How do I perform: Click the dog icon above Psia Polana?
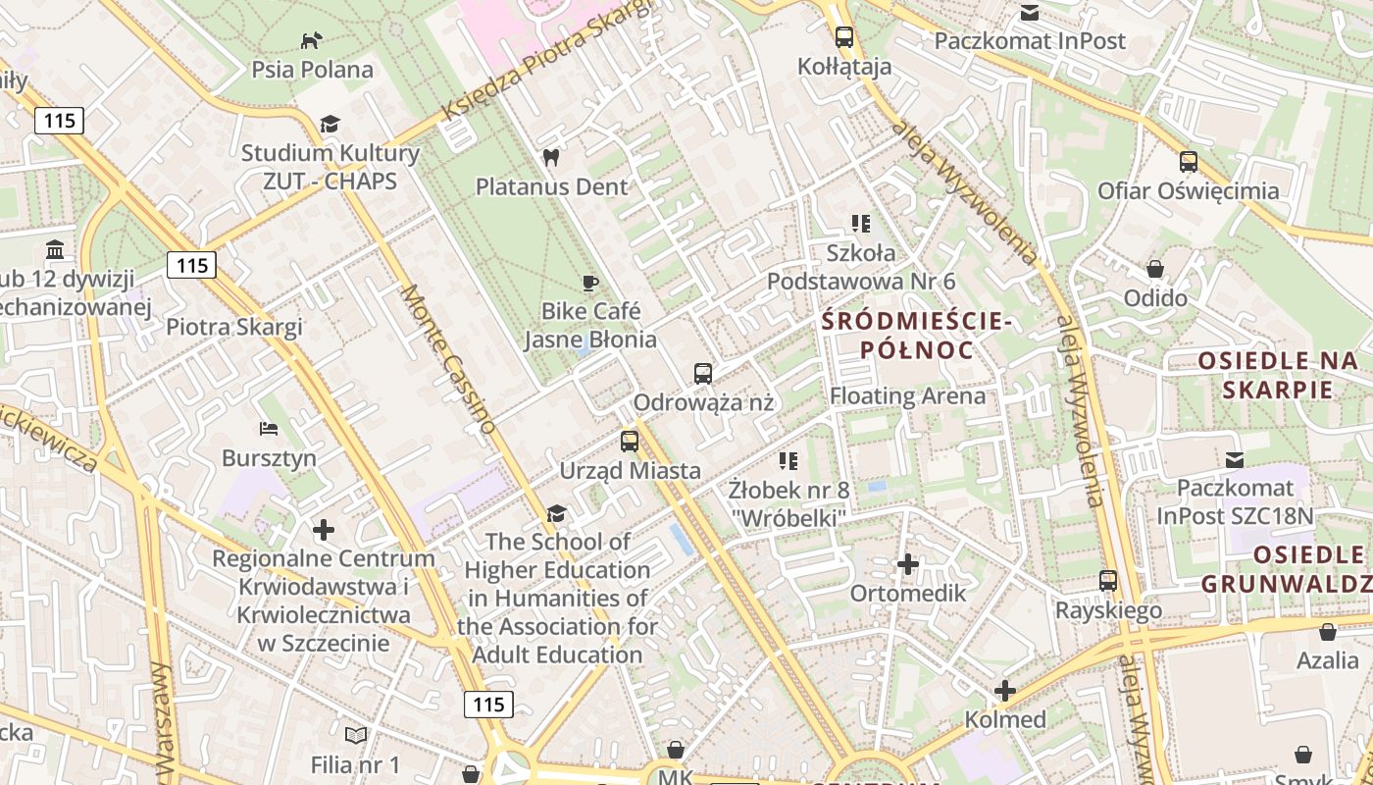click(311, 40)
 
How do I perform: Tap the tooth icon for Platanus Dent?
click(551, 157)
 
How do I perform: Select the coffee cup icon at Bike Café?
click(589, 283)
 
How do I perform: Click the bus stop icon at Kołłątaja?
click(843, 37)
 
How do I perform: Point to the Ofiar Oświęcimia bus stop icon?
click(1188, 162)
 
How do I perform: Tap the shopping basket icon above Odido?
click(1155, 269)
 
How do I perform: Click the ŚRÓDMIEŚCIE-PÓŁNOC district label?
click(916, 335)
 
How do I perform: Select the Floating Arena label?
click(907, 396)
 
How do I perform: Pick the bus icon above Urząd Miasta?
click(630, 442)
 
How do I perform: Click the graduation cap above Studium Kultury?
click(330, 124)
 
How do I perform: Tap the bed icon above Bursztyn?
click(269, 429)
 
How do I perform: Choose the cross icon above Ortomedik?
click(907, 564)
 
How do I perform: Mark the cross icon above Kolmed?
click(1004, 691)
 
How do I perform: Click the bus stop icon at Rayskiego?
click(1108, 581)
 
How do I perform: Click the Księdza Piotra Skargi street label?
click(546, 61)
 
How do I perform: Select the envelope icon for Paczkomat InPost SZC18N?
click(1234, 459)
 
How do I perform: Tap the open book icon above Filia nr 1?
click(355, 735)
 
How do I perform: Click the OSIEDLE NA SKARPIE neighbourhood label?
click(1279, 375)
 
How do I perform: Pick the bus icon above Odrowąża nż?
click(702, 373)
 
